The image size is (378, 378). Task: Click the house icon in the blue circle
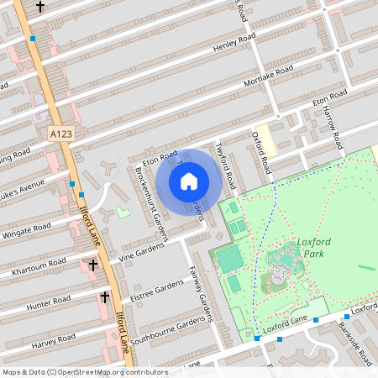(x=189, y=181)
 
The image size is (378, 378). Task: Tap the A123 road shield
(x=60, y=134)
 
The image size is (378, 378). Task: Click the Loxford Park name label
(x=314, y=248)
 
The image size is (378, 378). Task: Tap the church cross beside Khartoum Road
(x=92, y=265)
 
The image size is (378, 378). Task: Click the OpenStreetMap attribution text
(x=85, y=371)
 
